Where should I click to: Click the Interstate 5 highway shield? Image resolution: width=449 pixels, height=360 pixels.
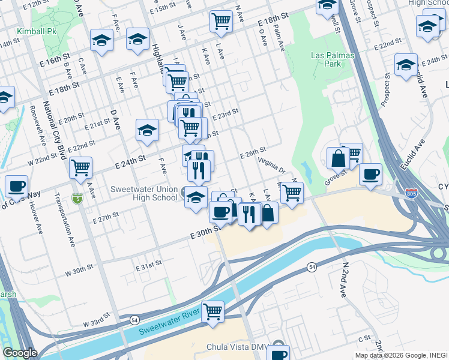point(77,198)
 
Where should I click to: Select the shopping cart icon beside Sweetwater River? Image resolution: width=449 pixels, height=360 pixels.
point(212,311)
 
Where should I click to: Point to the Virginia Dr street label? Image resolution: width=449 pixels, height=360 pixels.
point(271,165)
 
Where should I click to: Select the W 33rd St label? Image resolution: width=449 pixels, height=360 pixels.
point(97,318)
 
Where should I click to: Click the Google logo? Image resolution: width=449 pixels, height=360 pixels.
point(19,353)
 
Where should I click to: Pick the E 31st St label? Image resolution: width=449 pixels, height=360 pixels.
point(149,264)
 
